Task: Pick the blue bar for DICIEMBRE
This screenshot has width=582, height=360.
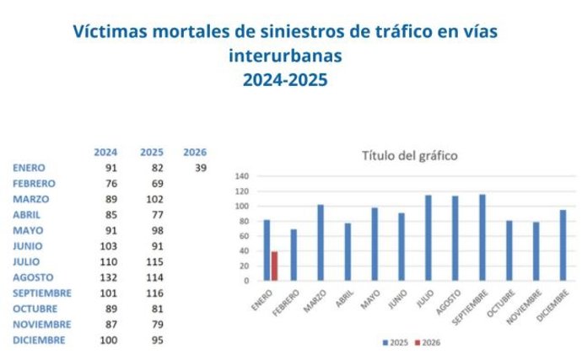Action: click(563, 245)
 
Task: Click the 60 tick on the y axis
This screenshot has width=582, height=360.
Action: click(244, 236)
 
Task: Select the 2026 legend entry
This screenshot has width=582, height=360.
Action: click(428, 342)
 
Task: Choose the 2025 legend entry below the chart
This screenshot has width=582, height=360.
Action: click(396, 342)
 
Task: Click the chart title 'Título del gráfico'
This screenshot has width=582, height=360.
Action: click(409, 156)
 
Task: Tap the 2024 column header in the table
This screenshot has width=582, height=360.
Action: click(105, 153)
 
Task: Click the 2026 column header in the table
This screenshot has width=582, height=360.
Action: click(194, 153)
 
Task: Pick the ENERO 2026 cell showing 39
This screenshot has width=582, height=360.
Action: click(201, 168)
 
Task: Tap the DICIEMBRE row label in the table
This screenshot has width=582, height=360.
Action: click(39, 340)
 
